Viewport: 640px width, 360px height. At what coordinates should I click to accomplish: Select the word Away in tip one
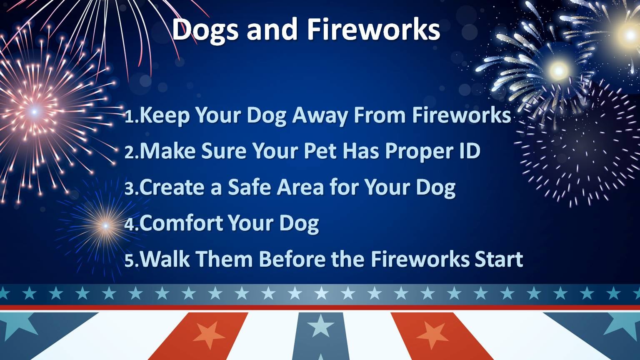point(319,116)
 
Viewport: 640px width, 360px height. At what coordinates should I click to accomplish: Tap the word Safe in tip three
point(249,187)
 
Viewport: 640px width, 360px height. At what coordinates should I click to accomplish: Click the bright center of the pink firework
point(34,111)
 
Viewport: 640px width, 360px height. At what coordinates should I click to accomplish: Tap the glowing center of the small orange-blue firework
point(106,226)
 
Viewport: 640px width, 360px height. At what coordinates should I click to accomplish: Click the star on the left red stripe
point(209,335)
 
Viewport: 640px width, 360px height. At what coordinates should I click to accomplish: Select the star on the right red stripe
point(432,335)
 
